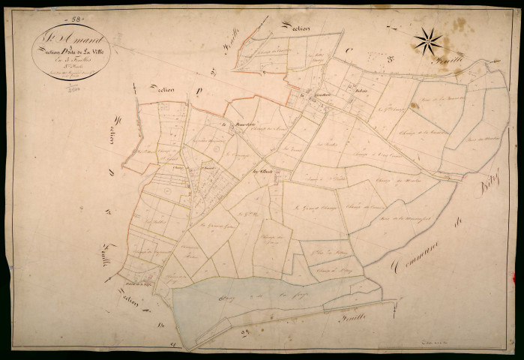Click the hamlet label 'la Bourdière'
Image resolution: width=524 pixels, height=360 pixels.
click(x=232, y=124)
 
